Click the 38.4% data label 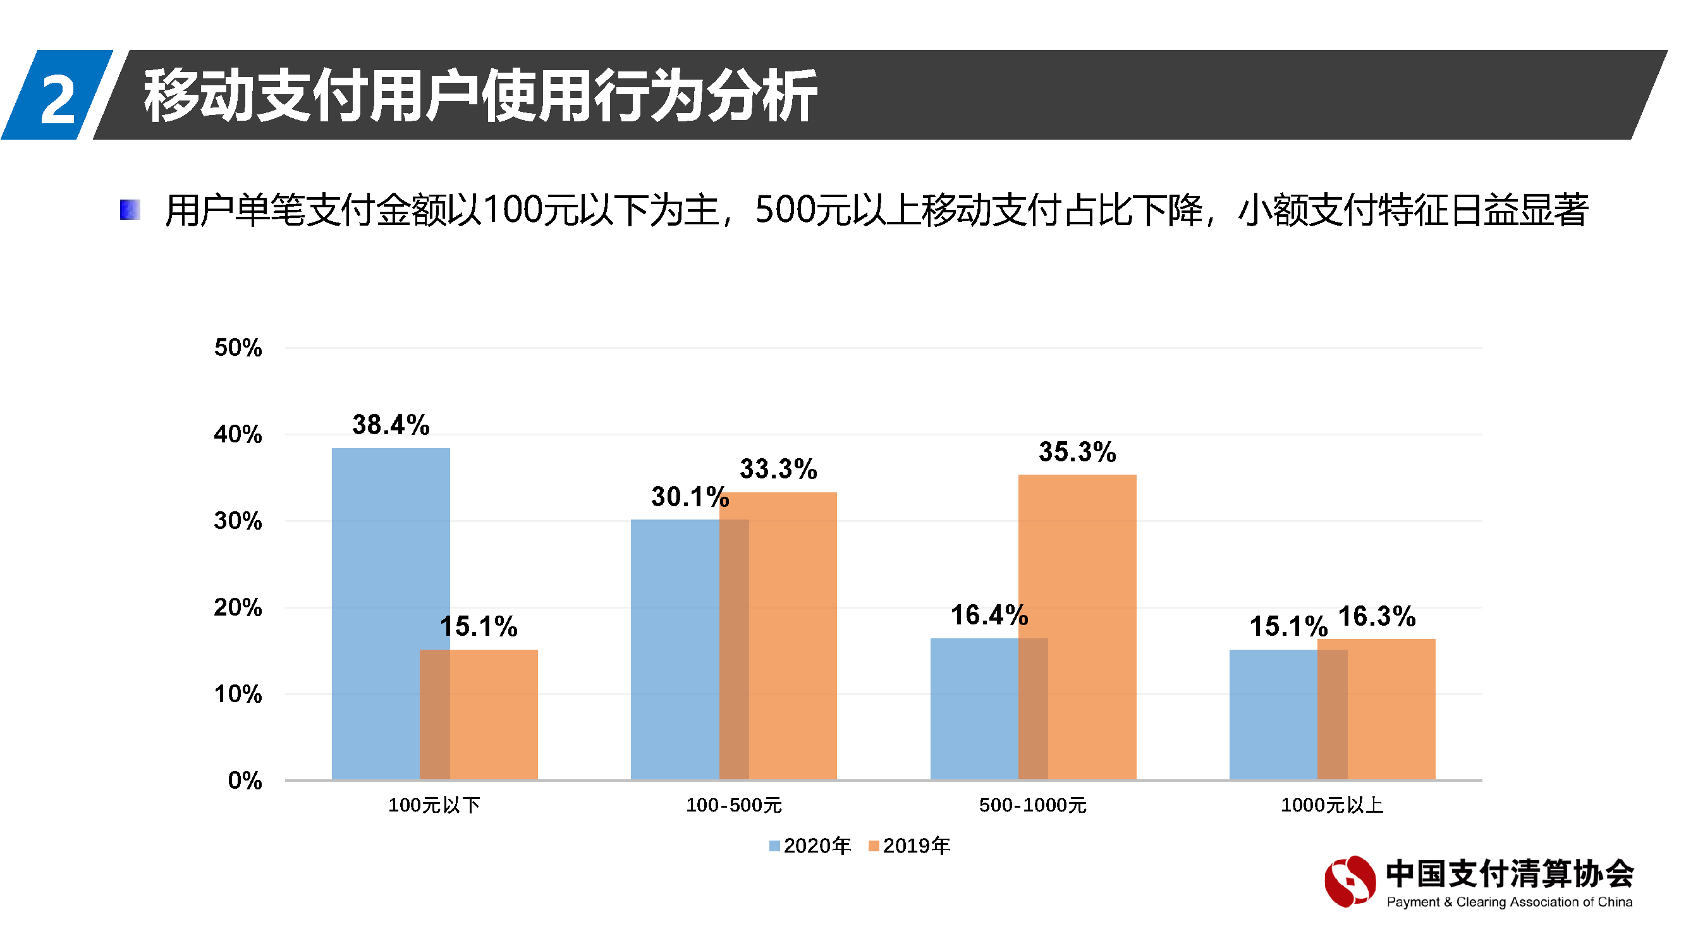pyautogui.click(x=391, y=425)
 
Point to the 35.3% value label pyautogui.click(x=1077, y=452)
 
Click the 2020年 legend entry pyautogui.click(x=810, y=846)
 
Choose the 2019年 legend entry pyautogui.click(x=909, y=846)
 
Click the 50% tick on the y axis pyautogui.click(x=238, y=348)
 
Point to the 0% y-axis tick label pyautogui.click(x=244, y=781)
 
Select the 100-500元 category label pyautogui.click(x=734, y=805)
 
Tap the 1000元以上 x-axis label pyautogui.click(x=1332, y=805)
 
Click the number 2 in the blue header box pyautogui.click(x=58, y=98)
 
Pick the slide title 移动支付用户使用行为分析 pyautogui.click(x=480, y=95)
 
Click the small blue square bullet pyautogui.click(x=130, y=210)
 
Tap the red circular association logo pyautogui.click(x=1350, y=882)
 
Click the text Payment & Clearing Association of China pyautogui.click(x=1509, y=902)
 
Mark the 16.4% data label pyautogui.click(x=989, y=616)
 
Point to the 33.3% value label pyautogui.click(x=778, y=469)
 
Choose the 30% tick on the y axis pyautogui.click(x=238, y=521)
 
